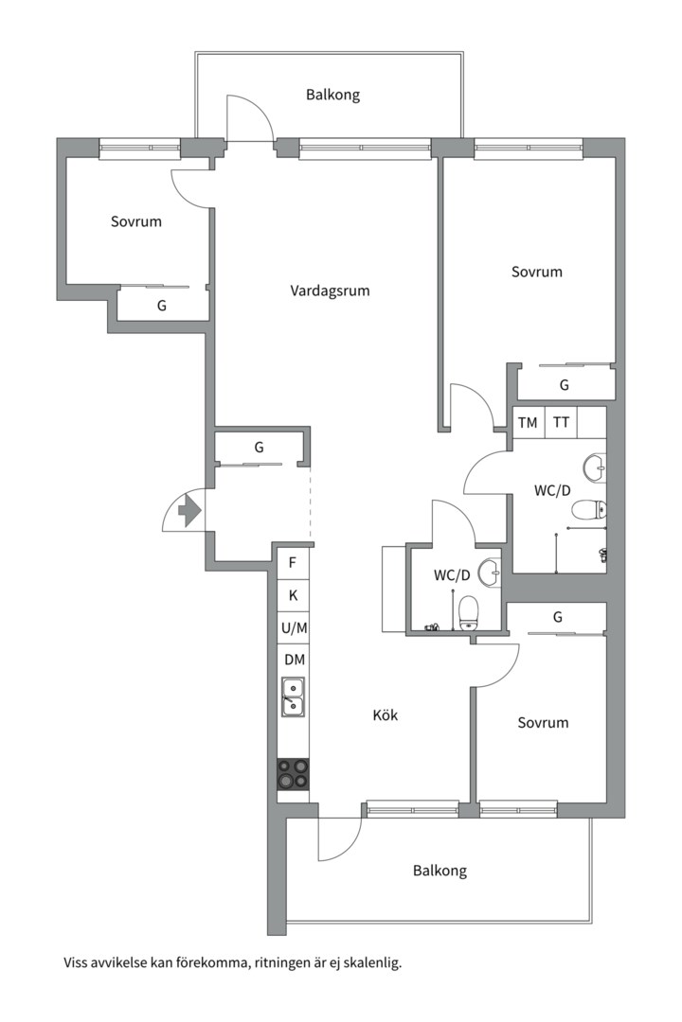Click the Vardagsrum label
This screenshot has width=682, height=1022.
click(x=330, y=291)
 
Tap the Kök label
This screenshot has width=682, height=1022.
click(x=386, y=715)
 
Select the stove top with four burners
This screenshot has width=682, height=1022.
click(x=293, y=774)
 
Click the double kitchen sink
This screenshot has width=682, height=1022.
click(x=293, y=696)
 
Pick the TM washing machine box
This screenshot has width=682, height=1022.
click(x=528, y=422)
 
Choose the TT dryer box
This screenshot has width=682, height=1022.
click(x=562, y=422)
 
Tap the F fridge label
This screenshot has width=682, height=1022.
click(x=293, y=562)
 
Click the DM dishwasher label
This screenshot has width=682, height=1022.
click(x=295, y=660)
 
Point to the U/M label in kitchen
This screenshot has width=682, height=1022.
click(x=295, y=628)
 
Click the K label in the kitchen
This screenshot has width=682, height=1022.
click(x=293, y=595)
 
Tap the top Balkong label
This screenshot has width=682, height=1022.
click(x=332, y=96)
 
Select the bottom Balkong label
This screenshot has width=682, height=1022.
click(x=440, y=871)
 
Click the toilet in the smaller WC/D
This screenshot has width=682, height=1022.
click(x=469, y=613)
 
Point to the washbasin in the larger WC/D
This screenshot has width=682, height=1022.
click(x=595, y=467)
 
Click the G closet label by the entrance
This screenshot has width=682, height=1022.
click(x=260, y=447)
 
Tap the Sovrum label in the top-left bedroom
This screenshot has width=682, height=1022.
click(x=135, y=221)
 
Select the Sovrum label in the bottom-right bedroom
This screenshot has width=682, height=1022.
click(x=543, y=722)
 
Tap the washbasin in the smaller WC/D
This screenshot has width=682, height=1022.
click(x=489, y=573)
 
